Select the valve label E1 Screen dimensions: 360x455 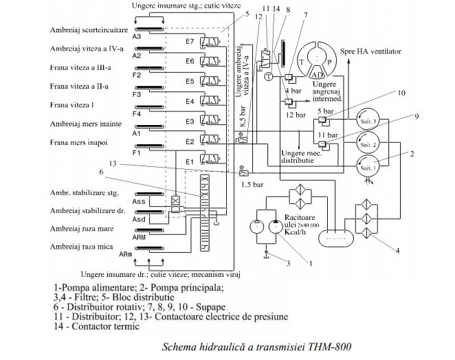point(189,162)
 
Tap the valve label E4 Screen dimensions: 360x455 point(189,102)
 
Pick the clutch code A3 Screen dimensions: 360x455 point(137,36)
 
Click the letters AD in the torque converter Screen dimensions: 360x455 point(319,74)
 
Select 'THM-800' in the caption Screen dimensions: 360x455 point(329,346)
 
